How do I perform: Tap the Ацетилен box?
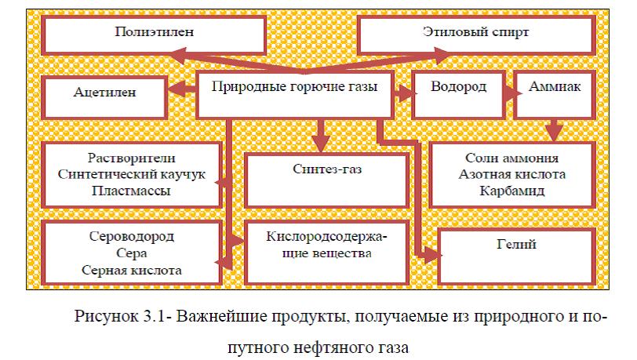(105, 93)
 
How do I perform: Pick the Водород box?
(459, 87)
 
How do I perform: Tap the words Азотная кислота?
(515, 173)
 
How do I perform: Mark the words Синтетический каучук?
(131, 173)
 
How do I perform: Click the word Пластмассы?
(131, 191)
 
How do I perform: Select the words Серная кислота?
(131, 271)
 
